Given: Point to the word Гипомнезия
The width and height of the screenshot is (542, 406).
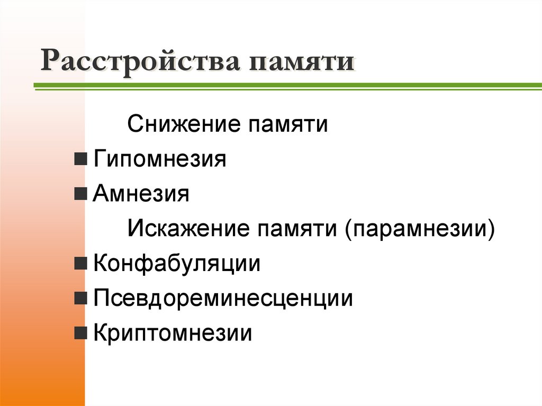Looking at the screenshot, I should tap(160, 160).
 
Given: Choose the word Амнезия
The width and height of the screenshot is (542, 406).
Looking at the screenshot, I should tap(141, 194).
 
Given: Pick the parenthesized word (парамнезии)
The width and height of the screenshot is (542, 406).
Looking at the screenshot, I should tap(421, 230).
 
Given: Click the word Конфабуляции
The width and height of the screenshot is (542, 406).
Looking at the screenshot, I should tap(177, 264).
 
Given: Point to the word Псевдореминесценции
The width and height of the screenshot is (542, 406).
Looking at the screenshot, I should tap(223, 299).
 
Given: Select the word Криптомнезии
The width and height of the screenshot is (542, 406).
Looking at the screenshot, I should tap(173, 333).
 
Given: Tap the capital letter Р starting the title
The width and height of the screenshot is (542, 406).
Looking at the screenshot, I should tap(51, 61).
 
